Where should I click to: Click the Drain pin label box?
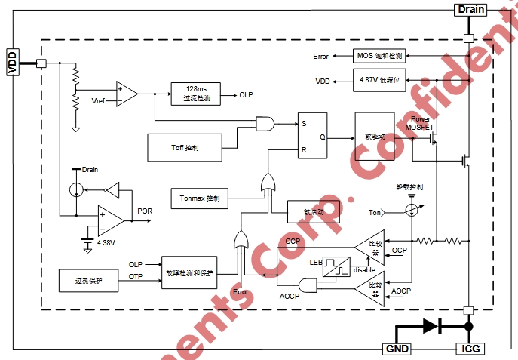(x=469, y=9)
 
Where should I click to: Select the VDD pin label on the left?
(x=12, y=62)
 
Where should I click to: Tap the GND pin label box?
(x=397, y=349)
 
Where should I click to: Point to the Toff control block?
(x=184, y=146)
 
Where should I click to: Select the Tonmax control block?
(x=200, y=198)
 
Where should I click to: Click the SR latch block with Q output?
(x=311, y=138)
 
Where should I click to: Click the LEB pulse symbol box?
(x=337, y=266)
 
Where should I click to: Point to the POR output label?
(x=146, y=211)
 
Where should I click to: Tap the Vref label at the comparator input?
(x=98, y=100)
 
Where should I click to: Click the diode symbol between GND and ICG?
(x=431, y=326)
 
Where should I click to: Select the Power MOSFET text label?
(x=421, y=123)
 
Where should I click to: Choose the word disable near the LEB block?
(x=364, y=269)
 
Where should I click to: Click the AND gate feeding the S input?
(x=265, y=122)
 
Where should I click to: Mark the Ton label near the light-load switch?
(x=375, y=212)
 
